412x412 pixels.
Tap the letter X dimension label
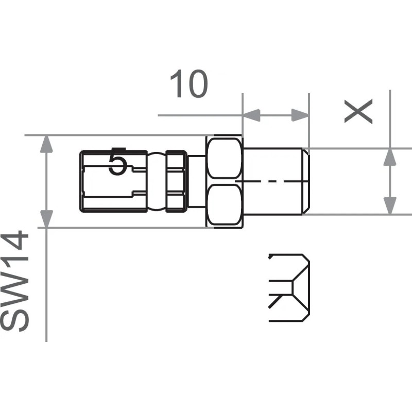358,112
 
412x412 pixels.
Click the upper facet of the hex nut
224,158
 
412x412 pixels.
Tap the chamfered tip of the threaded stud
305,181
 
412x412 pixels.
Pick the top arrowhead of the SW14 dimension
47,144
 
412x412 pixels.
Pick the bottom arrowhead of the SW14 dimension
47,218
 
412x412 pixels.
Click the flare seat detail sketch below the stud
289,287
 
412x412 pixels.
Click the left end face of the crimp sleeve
82,181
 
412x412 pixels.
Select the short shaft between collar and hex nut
197,181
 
